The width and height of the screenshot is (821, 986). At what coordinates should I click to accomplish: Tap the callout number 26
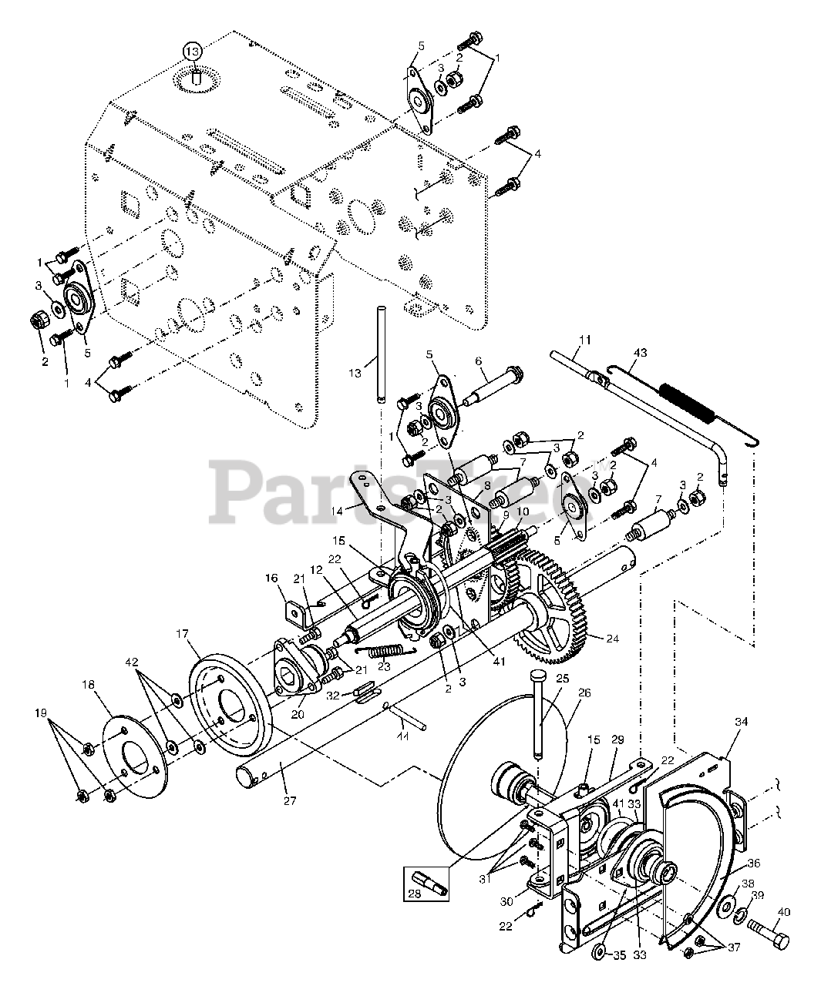pos(584,693)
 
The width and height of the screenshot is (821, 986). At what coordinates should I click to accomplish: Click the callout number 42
pos(132,661)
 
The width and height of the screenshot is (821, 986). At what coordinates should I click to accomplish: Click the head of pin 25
pos(537,676)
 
